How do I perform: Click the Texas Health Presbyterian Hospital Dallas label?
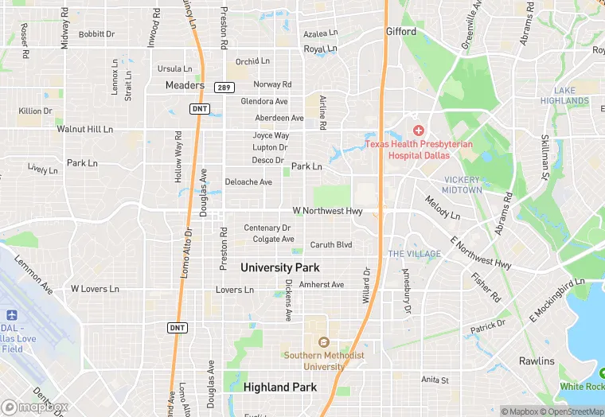coord(419,150)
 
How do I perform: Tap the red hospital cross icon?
coord(418,130)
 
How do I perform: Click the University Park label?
coord(279,267)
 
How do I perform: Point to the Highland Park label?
coord(279,388)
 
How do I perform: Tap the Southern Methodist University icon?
coord(324,343)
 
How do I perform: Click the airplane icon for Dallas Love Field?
coord(12,316)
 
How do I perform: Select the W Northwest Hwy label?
coord(327,211)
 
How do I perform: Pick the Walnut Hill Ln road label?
coord(84,129)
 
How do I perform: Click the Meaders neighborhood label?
coord(185,85)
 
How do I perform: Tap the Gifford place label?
coord(401,32)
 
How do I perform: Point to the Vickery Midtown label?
coord(463,185)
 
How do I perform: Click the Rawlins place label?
coord(537,361)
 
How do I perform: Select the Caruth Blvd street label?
coord(331,245)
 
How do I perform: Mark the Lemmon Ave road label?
coord(33,275)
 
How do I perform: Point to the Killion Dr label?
coord(35,111)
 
